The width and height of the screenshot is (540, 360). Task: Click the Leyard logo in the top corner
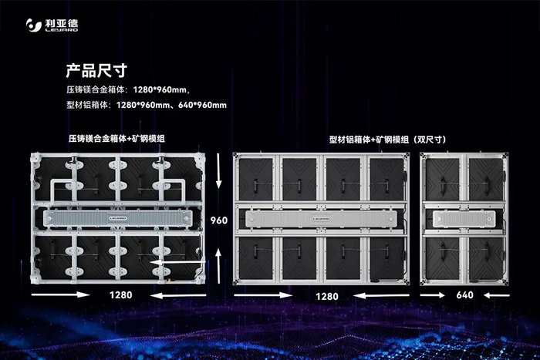coord(52,25)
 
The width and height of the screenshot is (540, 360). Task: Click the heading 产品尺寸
coord(96,71)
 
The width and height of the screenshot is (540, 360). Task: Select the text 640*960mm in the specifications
coord(202,105)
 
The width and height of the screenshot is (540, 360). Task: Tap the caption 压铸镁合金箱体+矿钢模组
coord(116,138)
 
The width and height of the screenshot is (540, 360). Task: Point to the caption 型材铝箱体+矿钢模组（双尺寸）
coord(388,140)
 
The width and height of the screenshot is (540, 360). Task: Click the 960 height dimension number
coord(219,220)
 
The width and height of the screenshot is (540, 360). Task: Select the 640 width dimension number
coord(464,295)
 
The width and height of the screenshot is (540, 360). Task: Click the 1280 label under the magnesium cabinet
coord(120,295)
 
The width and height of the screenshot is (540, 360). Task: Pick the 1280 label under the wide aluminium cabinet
coord(327,296)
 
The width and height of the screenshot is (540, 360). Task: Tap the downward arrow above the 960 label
coord(218,171)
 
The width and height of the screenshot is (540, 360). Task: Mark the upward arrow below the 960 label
coord(218,266)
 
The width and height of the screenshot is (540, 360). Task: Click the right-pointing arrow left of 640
coord(433,295)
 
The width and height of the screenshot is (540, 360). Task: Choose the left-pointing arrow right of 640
coord(497,295)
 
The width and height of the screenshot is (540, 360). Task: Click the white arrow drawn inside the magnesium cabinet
coord(178,263)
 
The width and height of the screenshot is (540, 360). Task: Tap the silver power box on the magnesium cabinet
coord(117,218)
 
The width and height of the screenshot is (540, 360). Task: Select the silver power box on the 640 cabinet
coord(464,219)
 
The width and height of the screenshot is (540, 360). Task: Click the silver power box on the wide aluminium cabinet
coord(321,219)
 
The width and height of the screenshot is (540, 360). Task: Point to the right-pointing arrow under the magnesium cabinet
coord(61,294)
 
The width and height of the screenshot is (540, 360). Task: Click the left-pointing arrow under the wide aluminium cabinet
coord(382,295)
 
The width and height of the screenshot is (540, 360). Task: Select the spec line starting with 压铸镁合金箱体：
coord(128,90)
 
